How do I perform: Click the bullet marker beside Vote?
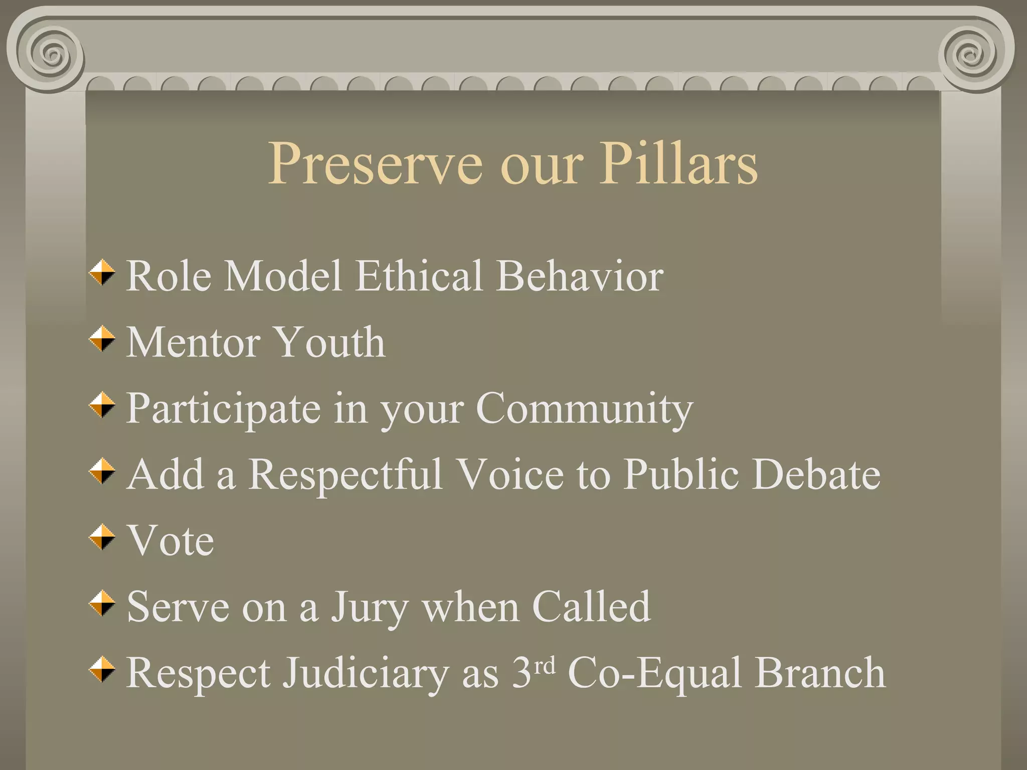(x=102, y=537)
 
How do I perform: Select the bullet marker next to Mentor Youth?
(x=102, y=339)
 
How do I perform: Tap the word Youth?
(x=330, y=342)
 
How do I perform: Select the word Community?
(x=584, y=409)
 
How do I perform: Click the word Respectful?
(x=346, y=474)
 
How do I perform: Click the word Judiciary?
(x=366, y=673)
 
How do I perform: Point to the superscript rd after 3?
(x=545, y=666)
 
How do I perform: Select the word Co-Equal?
(x=654, y=673)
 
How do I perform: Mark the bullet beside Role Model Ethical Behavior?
(x=102, y=273)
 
